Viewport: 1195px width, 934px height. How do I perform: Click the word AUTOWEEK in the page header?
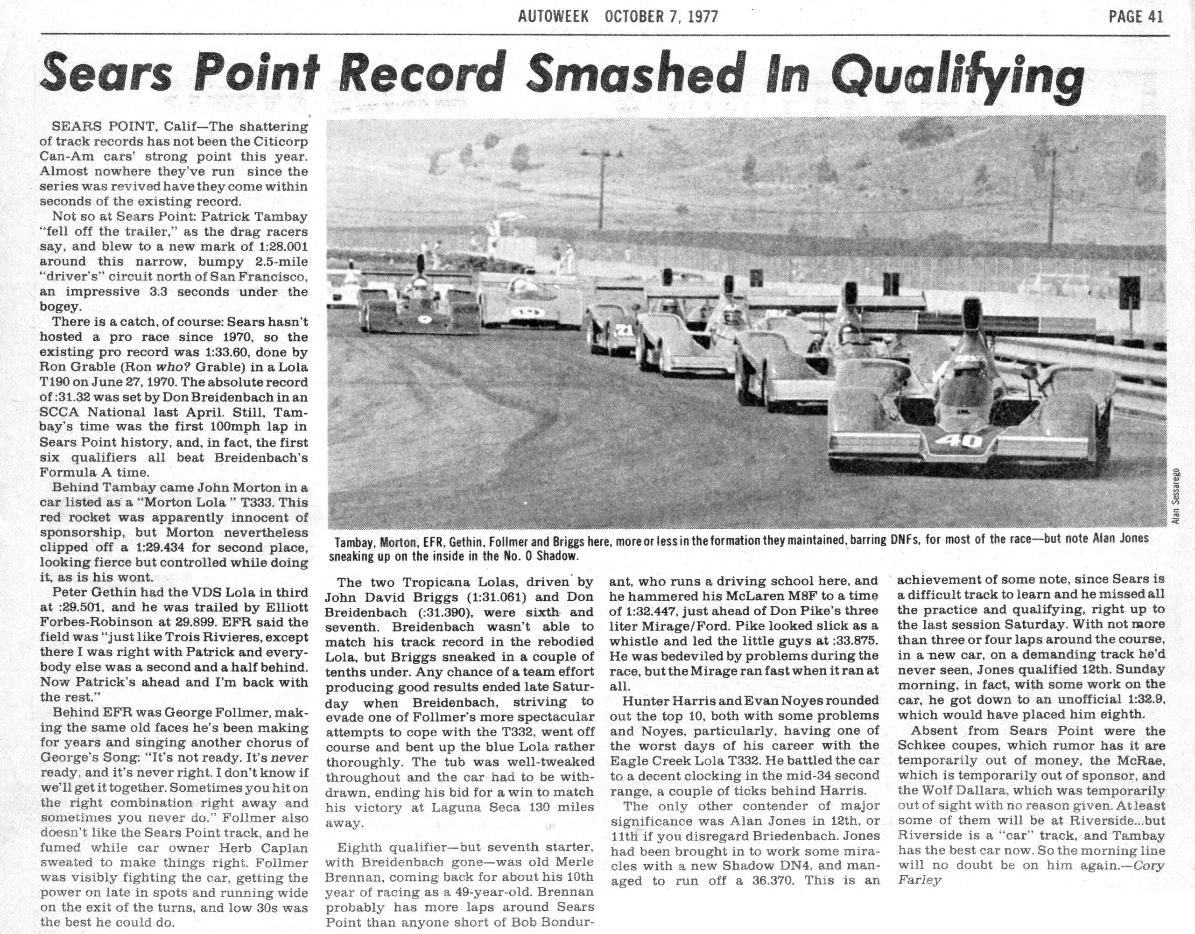554,16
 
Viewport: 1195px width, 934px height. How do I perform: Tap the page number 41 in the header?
1151,17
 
